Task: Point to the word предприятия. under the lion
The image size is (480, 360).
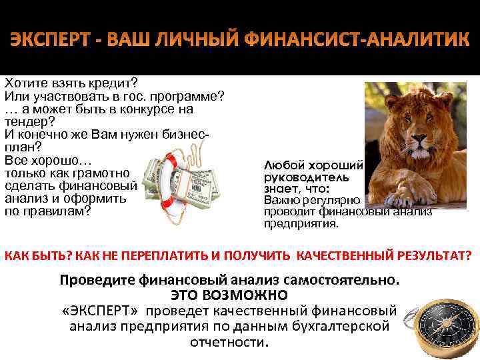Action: click(x=301, y=224)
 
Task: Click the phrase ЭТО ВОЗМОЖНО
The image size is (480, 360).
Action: click(x=229, y=295)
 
